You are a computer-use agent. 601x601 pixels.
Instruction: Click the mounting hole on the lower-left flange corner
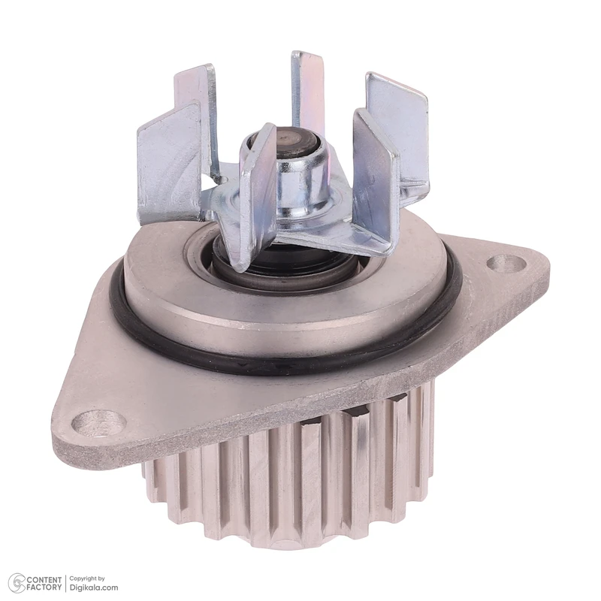click(99, 423)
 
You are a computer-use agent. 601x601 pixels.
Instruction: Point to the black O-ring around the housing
click(284, 364)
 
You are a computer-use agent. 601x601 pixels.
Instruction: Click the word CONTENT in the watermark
click(44, 579)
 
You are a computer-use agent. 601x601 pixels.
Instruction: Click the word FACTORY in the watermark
click(44, 587)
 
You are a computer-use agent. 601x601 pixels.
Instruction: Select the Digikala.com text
click(93, 587)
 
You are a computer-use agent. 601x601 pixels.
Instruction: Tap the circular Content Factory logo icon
click(17, 584)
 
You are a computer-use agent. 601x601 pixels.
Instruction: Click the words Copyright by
click(87, 578)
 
